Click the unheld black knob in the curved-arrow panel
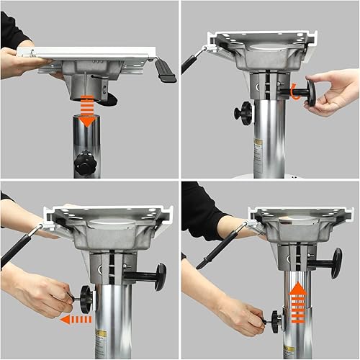click(x=245, y=112)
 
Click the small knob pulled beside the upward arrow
click(x=276, y=316)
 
